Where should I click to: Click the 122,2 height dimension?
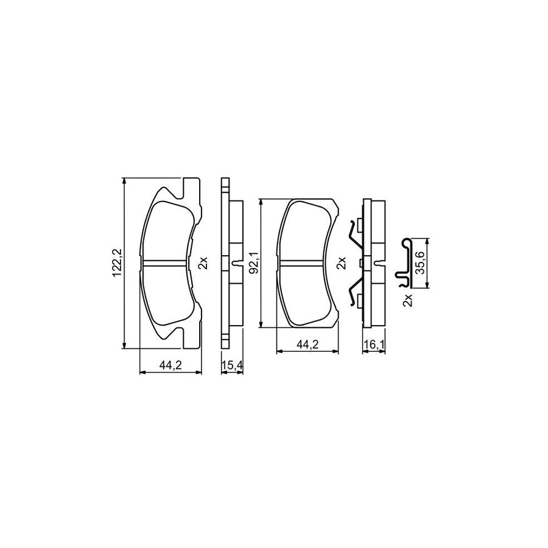coord(116,263)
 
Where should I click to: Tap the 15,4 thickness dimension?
coord(233,366)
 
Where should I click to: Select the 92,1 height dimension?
coord(254,262)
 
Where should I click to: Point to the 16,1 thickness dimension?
coord(374,345)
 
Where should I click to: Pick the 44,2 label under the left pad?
coord(170,366)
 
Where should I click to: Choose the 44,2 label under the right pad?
coord(307,345)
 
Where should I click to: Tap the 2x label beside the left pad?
coord(203,263)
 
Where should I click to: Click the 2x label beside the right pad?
coord(341,263)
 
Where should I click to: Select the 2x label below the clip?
coord(408,300)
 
